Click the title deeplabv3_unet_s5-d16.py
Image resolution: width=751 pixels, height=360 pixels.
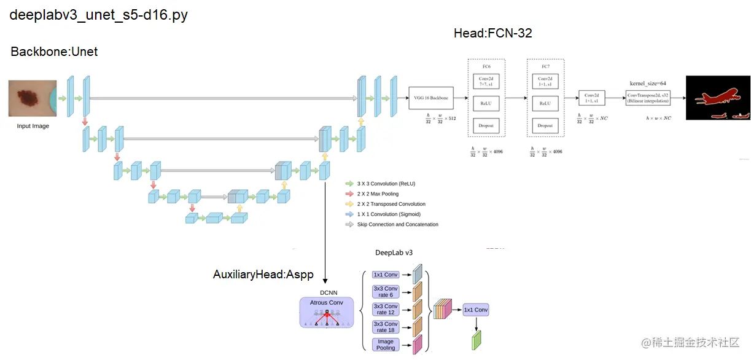pos(98,15)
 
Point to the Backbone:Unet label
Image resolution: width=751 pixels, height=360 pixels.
pos(54,52)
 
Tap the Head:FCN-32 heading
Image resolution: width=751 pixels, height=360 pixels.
pos(492,33)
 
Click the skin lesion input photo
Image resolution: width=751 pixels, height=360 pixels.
pos(33,98)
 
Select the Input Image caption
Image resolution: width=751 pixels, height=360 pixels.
pos(33,126)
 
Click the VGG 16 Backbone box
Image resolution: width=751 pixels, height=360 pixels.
pos(431,98)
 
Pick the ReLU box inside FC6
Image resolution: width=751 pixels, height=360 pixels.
pos(486,103)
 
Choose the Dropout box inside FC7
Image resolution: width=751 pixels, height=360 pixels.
pos(545,125)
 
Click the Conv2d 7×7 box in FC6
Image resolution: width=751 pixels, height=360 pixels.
pos(486,81)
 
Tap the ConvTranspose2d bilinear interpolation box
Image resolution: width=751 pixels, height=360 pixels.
pos(648,98)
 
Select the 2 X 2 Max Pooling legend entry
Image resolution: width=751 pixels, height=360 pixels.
pos(378,194)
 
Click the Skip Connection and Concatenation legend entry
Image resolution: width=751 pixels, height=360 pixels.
pos(397,224)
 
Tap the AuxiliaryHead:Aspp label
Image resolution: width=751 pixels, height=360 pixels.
pos(263,275)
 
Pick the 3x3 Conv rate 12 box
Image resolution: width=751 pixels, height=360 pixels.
pos(386,309)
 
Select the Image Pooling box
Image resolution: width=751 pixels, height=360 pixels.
pos(386,345)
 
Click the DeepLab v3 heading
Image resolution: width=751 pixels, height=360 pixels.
pos(394,252)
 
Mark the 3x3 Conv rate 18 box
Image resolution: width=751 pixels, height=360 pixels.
pos(386,327)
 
